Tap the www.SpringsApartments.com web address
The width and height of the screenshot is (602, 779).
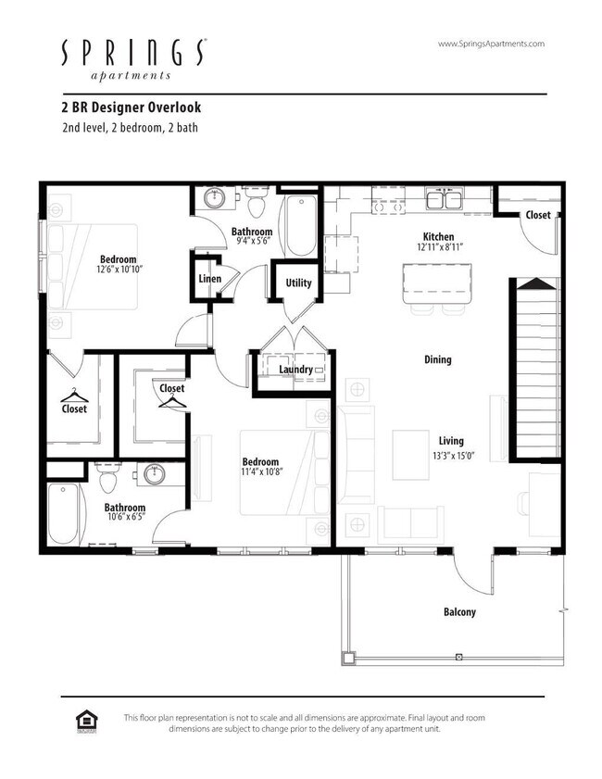pyautogui.click(x=490, y=44)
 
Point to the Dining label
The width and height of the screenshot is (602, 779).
pyautogui.click(x=438, y=359)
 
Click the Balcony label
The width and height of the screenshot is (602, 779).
pyautogui.click(x=459, y=611)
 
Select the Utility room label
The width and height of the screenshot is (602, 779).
pyautogui.click(x=298, y=283)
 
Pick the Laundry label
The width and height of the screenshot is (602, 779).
pyautogui.click(x=295, y=371)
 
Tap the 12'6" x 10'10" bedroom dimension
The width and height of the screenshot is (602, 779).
pyautogui.click(x=118, y=270)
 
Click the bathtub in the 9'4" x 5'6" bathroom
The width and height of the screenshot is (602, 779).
pyautogui.click(x=300, y=226)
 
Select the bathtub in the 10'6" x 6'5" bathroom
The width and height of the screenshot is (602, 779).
pyautogui.click(x=63, y=515)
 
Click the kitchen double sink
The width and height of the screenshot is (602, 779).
pyautogui.click(x=446, y=199)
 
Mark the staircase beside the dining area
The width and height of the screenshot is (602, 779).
pyautogui.click(x=535, y=371)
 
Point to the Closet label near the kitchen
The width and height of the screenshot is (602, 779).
pyautogui.click(x=538, y=215)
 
